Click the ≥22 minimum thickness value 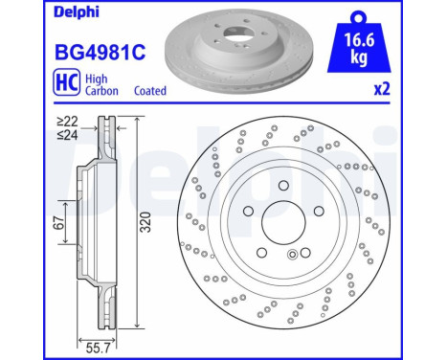(x=65, y=122)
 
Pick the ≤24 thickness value (x=65, y=135)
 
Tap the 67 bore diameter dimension (x=58, y=223)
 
